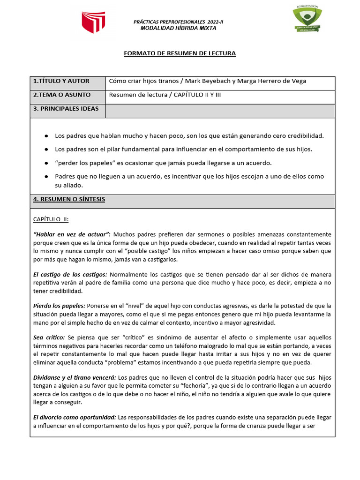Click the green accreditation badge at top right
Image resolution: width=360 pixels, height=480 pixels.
coord(307,20)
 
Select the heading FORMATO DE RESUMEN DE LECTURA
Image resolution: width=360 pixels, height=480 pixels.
coord(180,53)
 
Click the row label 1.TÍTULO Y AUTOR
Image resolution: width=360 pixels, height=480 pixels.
coord(61,81)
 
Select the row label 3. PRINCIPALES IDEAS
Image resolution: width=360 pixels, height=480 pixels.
coord(66,109)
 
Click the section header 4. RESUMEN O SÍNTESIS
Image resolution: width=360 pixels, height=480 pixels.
coord(69,199)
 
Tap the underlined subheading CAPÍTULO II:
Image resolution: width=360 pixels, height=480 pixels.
coord(51,219)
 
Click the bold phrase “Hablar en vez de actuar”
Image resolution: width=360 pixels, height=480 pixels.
coord(72,234)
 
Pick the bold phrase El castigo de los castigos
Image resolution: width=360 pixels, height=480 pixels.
coord(70,274)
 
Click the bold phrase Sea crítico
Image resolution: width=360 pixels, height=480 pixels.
coord(49,337)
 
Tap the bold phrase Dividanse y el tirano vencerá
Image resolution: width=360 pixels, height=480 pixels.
coord(74,377)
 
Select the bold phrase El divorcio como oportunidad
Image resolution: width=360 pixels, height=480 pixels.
coord(75,417)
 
